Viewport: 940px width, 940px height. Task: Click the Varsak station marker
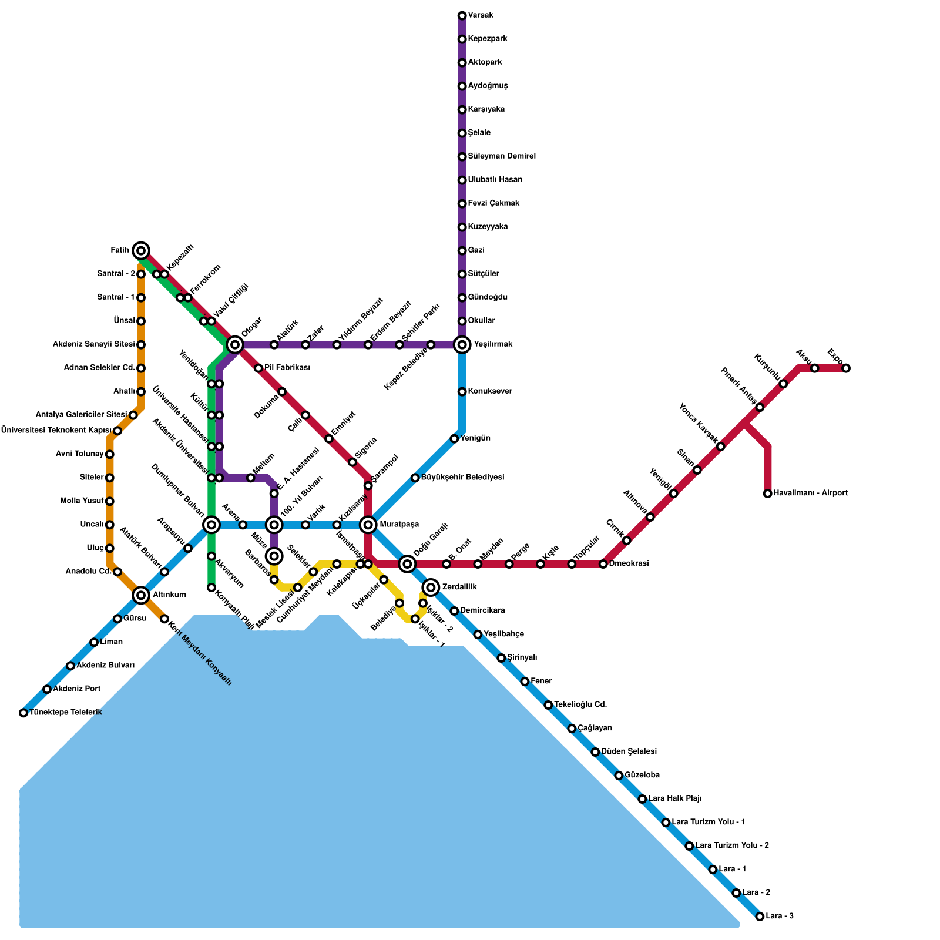tap(462, 15)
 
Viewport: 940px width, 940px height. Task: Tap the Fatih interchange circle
tap(141, 251)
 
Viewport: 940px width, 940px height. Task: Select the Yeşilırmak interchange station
tap(462, 345)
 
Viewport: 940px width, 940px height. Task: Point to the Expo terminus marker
tap(846, 368)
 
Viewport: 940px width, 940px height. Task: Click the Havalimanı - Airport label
tap(810, 493)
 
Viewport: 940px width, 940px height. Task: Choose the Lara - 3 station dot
tap(760, 916)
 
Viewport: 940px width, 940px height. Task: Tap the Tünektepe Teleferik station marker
tap(23, 713)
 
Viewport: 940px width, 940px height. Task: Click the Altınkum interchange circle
tap(141, 595)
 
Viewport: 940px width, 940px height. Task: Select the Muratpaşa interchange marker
tap(368, 525)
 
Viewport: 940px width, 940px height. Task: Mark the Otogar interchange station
tap(235, 345)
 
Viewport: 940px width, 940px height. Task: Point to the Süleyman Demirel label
tap(502, 156)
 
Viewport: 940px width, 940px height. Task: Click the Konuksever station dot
tap(462, 392)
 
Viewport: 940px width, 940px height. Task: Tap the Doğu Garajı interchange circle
tap(407, 564)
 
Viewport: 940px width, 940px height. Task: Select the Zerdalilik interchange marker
tap(431, 587)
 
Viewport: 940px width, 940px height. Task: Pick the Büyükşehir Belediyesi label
tap(462, 478)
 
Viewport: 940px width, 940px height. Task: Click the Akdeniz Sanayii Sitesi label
tap(94, 344)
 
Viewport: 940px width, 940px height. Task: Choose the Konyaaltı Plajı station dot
tap(211, 587)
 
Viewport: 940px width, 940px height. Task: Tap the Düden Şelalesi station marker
tap(595, 752)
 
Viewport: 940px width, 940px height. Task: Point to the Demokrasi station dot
tap(603, 564)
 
